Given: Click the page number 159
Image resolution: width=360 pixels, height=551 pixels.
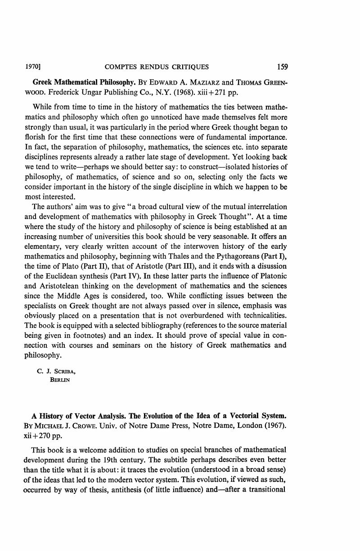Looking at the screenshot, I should point(282,67).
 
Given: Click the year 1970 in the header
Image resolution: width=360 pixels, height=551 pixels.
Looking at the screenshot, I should point(31,67).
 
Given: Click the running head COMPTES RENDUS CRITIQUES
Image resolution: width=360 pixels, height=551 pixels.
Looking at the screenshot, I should point(157,67).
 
